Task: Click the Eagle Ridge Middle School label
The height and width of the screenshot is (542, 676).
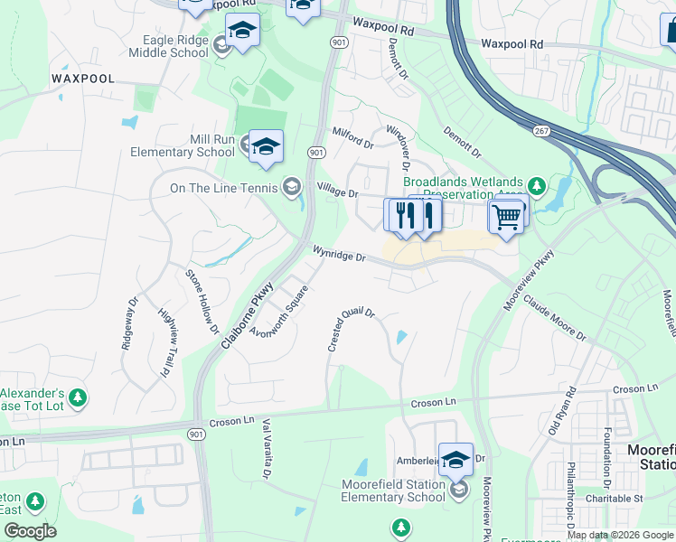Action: point(175,46)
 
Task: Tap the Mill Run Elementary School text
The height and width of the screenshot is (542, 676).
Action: point(183,145)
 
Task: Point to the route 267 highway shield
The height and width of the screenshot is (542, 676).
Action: point(541,131)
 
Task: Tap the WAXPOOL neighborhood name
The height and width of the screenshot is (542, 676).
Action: point(83,79)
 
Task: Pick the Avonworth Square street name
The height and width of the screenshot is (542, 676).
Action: point(281,309)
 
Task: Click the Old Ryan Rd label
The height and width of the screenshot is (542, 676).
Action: point(562,412)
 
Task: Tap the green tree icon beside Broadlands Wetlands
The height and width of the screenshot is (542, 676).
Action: point(537,186)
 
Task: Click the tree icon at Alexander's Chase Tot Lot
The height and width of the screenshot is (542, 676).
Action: point(78,397)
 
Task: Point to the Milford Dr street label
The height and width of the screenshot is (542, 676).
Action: point(352,138)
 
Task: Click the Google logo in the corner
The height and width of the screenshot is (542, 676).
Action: point(31,531)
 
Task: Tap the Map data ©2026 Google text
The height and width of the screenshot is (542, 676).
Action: point(620,535)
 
